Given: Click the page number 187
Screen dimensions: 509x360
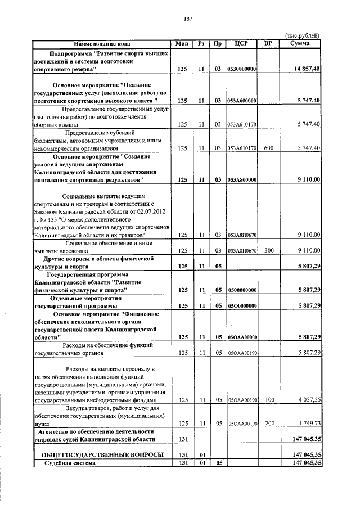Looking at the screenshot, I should (188, 19).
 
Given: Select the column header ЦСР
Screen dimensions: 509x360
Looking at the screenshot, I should (241, 44).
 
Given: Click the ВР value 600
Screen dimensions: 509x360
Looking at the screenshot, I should (268, 148).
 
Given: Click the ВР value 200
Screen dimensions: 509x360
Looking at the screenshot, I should (268, 424).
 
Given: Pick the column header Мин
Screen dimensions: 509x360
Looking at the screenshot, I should (181, 44).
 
